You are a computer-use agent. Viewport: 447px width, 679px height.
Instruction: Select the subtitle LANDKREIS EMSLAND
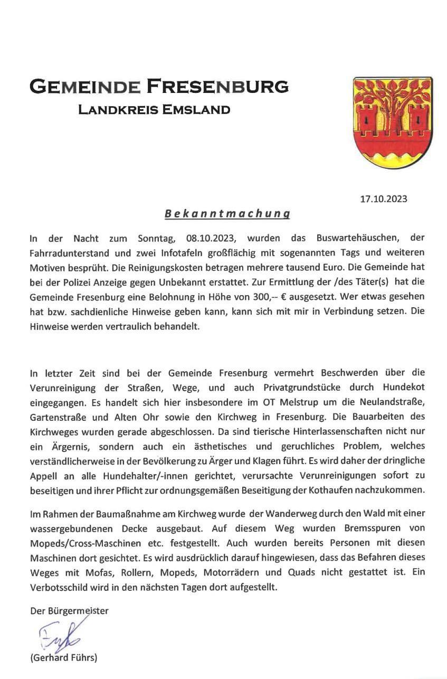[x=154, y=110]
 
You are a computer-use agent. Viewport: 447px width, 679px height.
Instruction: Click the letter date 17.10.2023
[x=384, y=199]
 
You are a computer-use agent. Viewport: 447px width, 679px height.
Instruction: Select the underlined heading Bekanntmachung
[x=227, y=214]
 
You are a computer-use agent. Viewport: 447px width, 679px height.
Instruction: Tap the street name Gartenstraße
[x=55, y=416]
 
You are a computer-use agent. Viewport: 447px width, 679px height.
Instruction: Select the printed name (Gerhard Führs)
[x=64, y=657]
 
